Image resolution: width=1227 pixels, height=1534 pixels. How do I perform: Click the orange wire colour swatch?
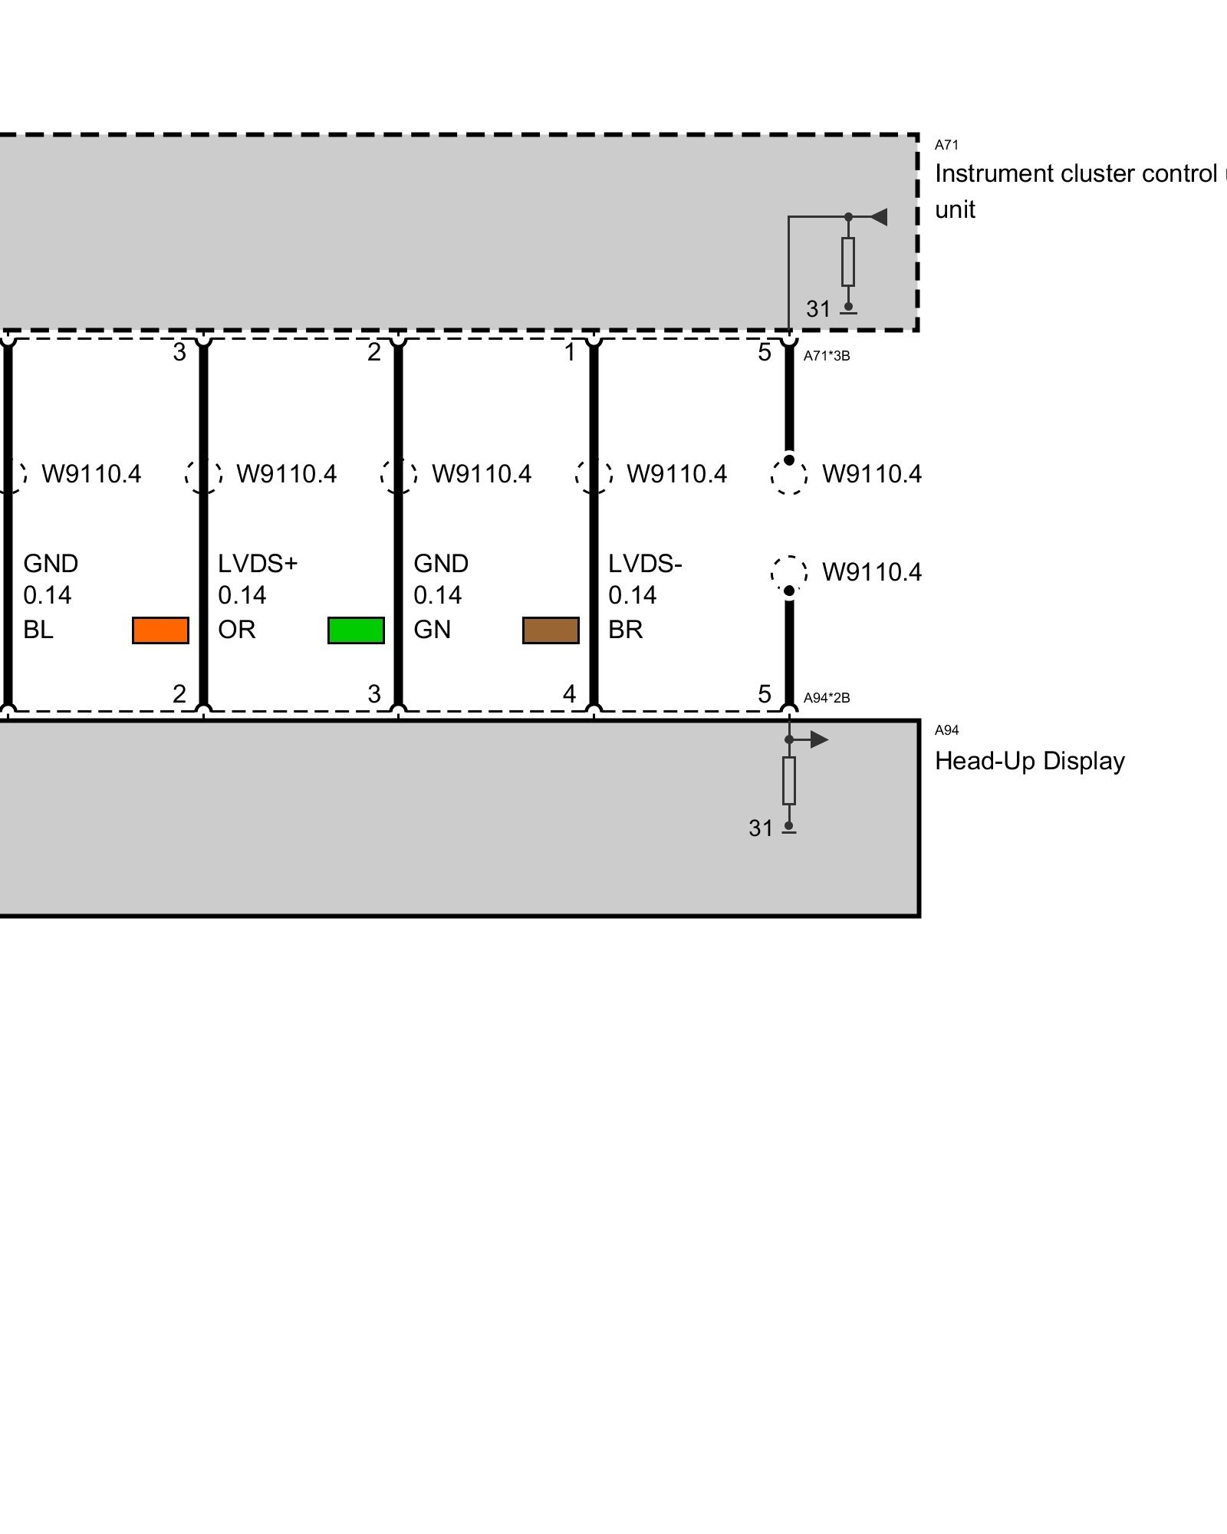click(160, 630)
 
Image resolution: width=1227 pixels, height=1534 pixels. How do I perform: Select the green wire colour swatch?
click(356, 630)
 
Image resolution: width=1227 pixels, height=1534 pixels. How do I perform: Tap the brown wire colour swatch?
click(551, 630)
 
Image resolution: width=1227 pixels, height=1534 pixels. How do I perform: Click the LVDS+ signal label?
click(257, 564)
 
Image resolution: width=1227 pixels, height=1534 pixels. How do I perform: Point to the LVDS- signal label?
click(645, 564)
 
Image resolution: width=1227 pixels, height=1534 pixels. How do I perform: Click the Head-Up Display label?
click(1029, 761)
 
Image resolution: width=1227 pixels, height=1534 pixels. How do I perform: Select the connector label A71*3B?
click(827, 356)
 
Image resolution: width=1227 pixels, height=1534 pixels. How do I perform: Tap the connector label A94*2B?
click(827, 698)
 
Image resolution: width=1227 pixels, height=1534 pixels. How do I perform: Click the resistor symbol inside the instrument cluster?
click(848, 262)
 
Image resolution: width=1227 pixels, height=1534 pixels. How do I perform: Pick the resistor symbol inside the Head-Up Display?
click(789, 781)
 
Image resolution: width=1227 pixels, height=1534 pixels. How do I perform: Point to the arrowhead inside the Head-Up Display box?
click(819, 740)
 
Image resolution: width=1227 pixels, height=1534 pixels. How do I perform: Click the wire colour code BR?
click(625, 630)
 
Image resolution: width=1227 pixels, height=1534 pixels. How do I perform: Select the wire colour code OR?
click(236, 630)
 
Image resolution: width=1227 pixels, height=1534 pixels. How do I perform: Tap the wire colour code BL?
click(38, 630)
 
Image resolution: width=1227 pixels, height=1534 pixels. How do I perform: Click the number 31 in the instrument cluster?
click(818, 309)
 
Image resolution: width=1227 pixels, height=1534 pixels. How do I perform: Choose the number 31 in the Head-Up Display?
click(761, 828)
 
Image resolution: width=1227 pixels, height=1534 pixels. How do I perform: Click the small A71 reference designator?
click(946, 145)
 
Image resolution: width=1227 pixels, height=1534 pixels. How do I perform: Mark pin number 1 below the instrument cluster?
click(569, 352)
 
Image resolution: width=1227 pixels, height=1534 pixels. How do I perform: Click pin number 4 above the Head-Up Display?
click(569, 694)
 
